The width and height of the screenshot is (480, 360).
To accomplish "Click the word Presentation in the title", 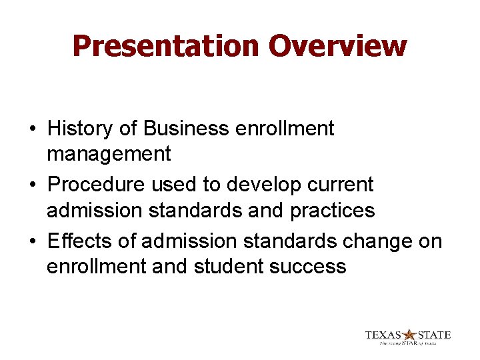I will coord(166,46).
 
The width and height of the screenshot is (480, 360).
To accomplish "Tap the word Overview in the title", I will coord(337,46).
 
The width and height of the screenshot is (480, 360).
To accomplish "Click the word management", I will coord(109,154).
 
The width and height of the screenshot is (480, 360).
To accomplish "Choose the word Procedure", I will coord(99,183).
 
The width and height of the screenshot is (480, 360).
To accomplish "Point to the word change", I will coord(371,240).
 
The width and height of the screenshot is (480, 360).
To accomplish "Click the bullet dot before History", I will coord(32,129).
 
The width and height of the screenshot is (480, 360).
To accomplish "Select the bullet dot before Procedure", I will coord(32,184).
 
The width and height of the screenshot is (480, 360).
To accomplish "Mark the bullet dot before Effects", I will coord(32,241).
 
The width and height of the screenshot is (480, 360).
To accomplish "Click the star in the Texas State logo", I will coord(409,335).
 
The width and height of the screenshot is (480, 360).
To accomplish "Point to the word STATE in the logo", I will coord(434,335).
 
